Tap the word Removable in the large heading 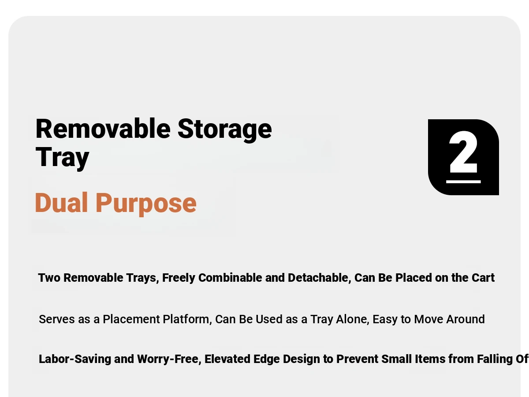click(x=103, y=129)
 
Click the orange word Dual click(x=61, y=203)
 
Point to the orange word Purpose click(x=146, y=204)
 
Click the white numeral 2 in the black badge click(x=463, y=152)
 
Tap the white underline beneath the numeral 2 click(x=463, y=181)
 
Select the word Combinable click(x=230, y=277)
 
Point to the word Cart click(x=483, y=277)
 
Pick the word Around click(x=466, y=319)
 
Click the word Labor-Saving click(x=75, y=359)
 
